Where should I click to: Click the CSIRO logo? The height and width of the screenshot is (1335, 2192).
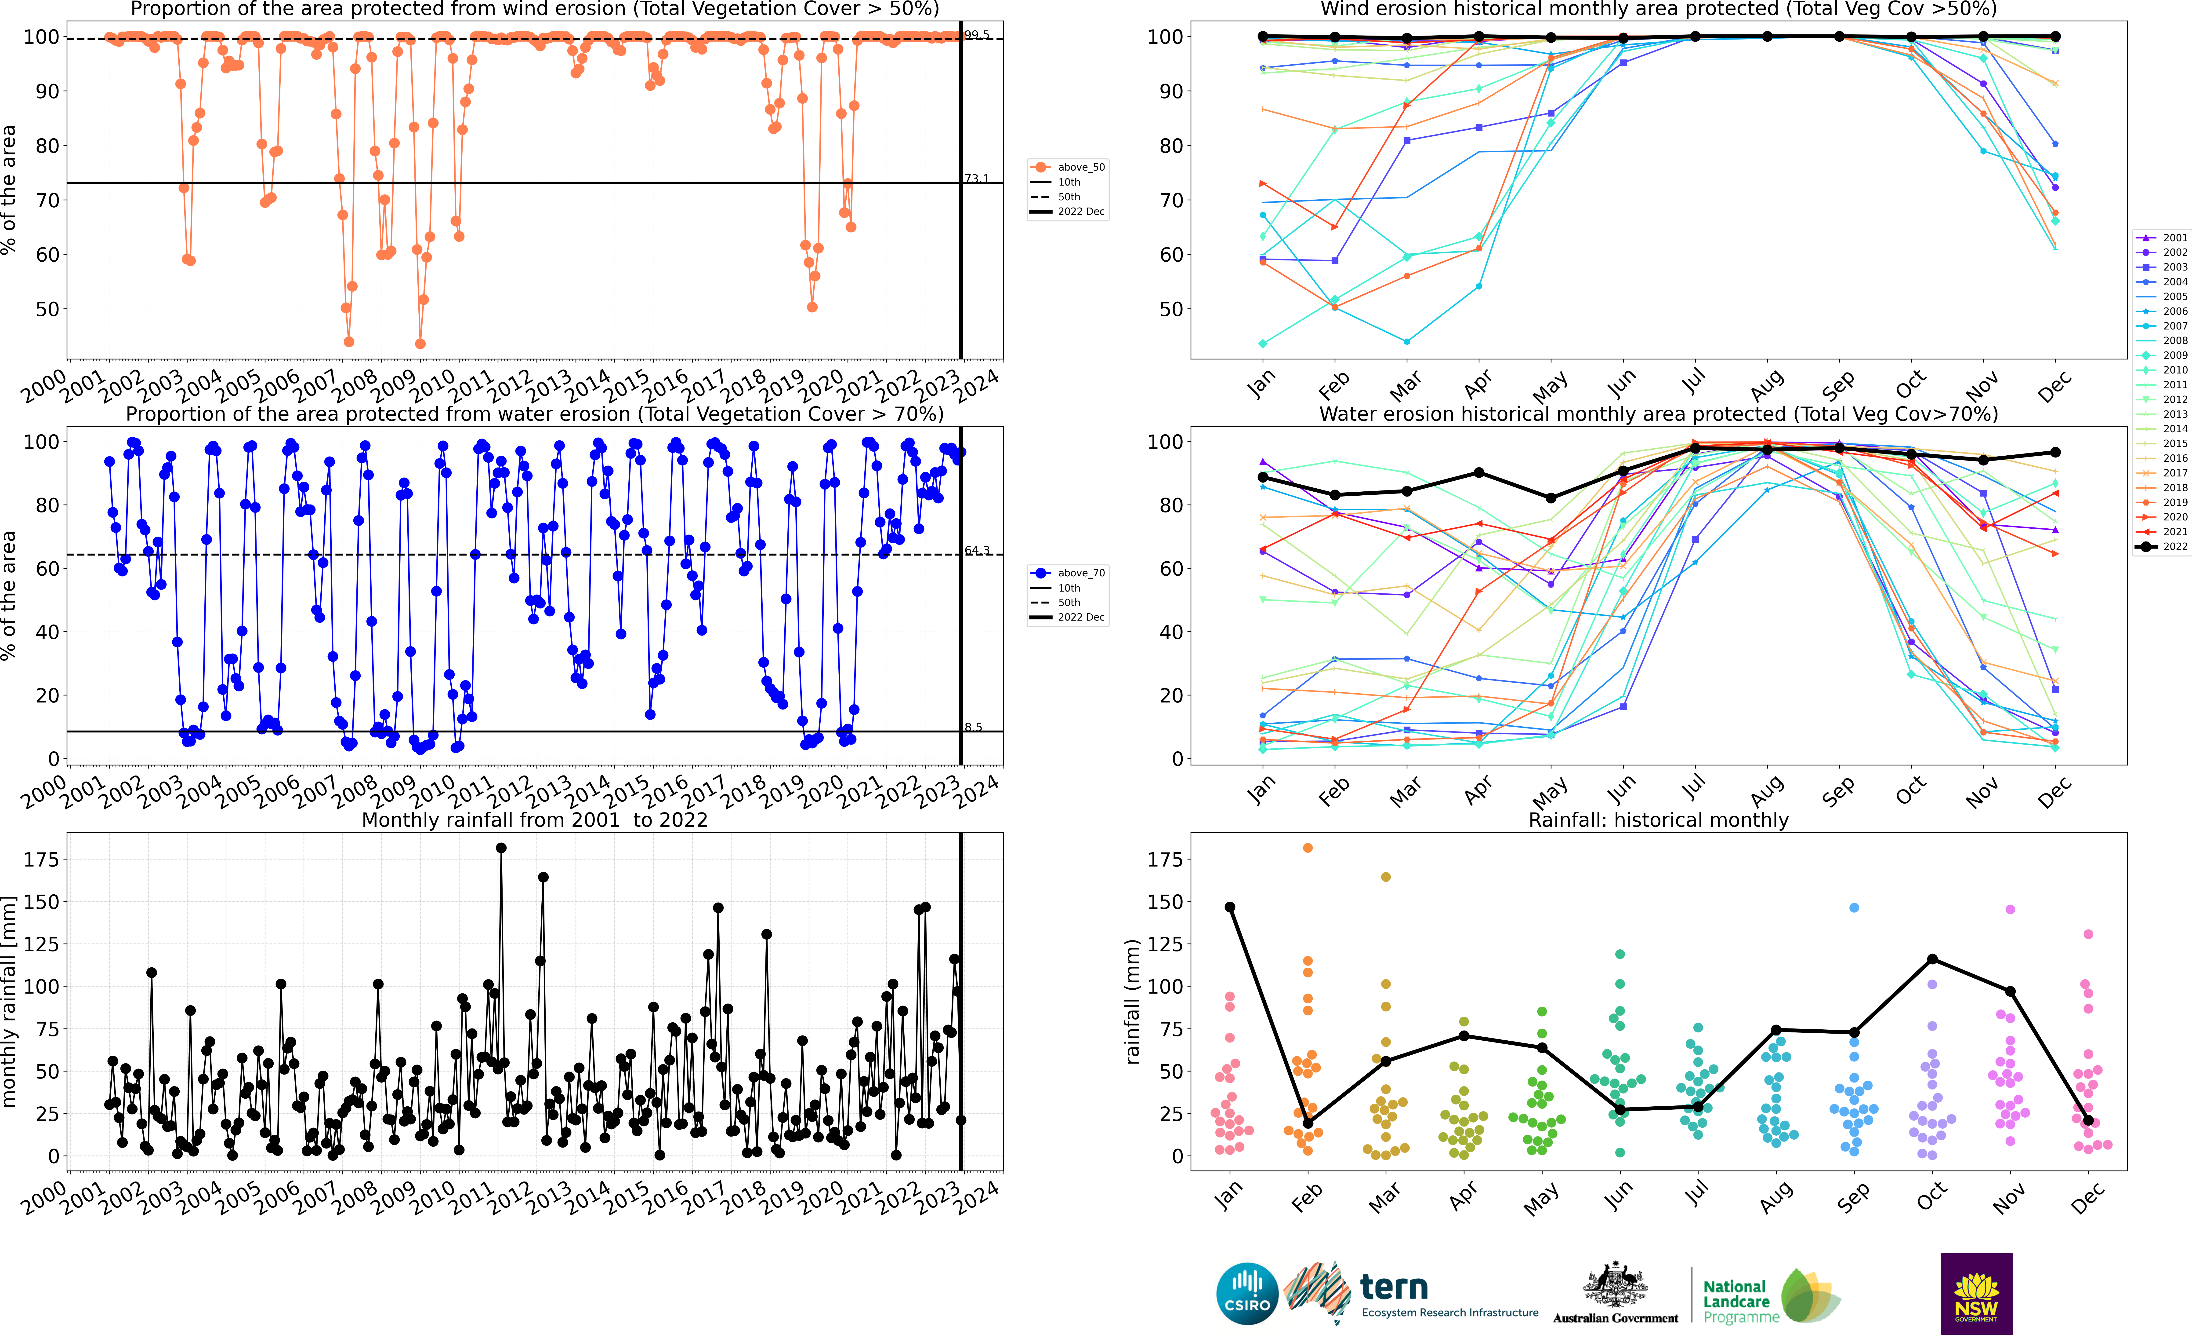pos(1246,1293)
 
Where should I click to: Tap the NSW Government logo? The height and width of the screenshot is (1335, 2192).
pos(1976,1293)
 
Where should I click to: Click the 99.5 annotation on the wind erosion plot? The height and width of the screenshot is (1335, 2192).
pos(977,35)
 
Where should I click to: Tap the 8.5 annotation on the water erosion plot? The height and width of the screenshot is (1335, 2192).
pos(973,727)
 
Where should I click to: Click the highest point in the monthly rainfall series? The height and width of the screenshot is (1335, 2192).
pos(501,848)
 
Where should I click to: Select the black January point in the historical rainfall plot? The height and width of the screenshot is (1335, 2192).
pos(1229,907)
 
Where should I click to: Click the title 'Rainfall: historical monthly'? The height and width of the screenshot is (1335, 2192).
pos(1658,820)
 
